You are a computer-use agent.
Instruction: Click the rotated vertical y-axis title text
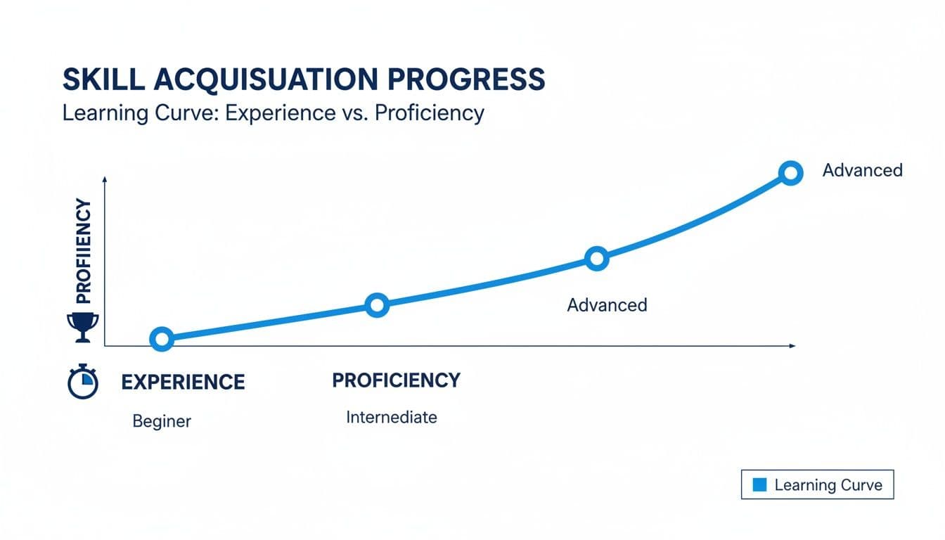[x=83, y=251]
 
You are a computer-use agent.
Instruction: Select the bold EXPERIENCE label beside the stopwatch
[x=183, y=382]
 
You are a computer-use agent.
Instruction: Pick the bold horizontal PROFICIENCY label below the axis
[x=396, y=380]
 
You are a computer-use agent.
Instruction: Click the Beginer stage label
[x=162, y=421]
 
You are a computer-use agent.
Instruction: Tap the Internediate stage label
[x=392, y=417]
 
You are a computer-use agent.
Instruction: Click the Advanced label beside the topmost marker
[x=862, y=170]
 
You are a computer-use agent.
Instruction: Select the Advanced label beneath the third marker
[x=607, y=305]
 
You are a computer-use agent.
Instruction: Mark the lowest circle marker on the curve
[x=162, y=340]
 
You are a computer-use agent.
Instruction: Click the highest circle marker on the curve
[x=791, y=172]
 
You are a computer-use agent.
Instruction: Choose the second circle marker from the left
[x=378, y=305]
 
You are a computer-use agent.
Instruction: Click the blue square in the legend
[x=759, y=484]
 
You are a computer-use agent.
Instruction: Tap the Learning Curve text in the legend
[x=828, y=485]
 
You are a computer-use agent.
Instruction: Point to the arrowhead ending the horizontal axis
[x=792, y=346]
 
